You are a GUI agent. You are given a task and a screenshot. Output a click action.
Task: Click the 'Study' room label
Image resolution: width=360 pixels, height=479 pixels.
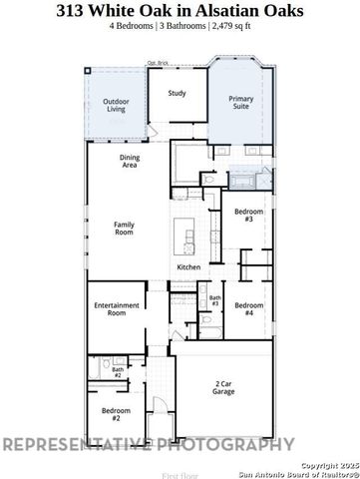[178, 94]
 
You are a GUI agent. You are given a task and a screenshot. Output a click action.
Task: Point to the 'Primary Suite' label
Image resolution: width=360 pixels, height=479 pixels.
[242, 103]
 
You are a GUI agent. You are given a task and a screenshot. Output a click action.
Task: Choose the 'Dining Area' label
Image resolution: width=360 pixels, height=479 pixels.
[129, 162]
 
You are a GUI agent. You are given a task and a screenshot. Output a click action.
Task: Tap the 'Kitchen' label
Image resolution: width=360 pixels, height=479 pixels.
[189, 267]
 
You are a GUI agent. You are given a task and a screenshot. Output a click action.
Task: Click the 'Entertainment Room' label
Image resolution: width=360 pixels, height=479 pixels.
[110, 308]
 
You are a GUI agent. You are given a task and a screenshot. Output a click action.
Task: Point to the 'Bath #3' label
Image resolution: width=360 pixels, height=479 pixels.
[214, 299]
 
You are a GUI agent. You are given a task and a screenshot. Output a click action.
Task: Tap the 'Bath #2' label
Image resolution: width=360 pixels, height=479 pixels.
[118, 371]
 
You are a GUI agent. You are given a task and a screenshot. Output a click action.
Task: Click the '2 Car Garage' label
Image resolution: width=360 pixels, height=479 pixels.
[224, 388]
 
